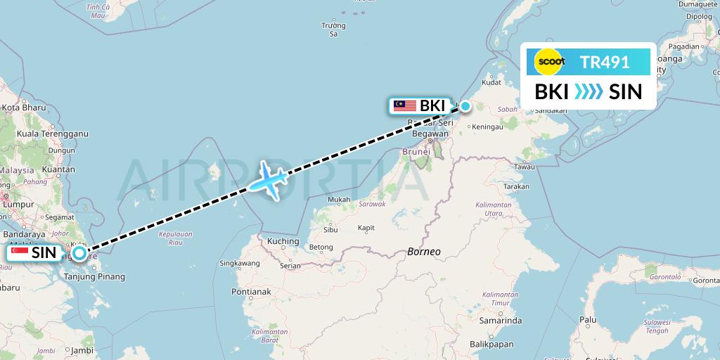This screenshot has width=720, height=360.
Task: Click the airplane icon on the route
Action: coord(266,181)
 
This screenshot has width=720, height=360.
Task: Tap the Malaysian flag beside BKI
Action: coord(405,106)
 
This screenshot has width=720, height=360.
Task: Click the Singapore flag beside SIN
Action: coord(20,252)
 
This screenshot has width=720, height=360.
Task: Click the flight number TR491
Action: coord(605,63)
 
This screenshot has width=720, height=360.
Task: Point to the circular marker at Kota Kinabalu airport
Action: coord(465,107)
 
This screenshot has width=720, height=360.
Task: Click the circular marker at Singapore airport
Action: coord(79,253)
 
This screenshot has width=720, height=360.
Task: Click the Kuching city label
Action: coord(283,241)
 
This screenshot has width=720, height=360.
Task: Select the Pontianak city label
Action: coord(251,292)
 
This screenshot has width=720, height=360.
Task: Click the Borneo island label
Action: coord(423,251)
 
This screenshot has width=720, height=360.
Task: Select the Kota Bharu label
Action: coord(24,108)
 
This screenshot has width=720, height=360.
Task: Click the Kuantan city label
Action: coord(59,169)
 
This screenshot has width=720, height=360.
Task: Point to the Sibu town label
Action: coord(329,229)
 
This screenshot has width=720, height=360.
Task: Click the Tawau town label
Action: coord(524,167)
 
